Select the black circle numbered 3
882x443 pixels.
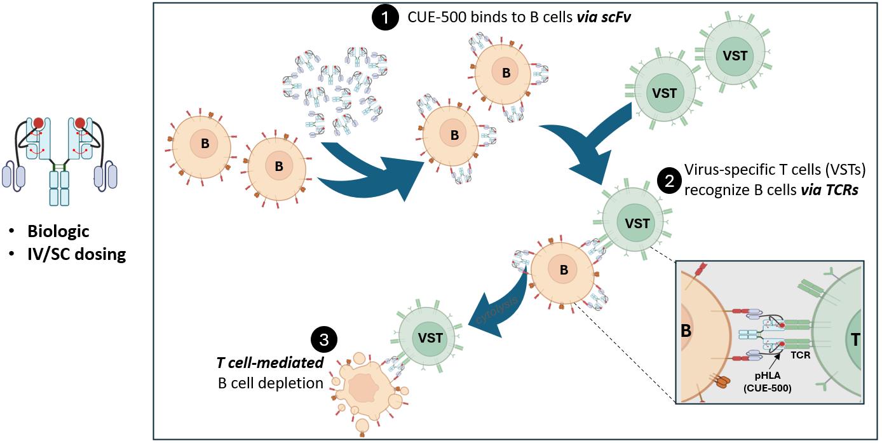click(x=324, y=340)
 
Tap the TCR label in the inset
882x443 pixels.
click(x=801, y=355)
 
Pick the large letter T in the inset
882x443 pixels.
click(x=855, y=340)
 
